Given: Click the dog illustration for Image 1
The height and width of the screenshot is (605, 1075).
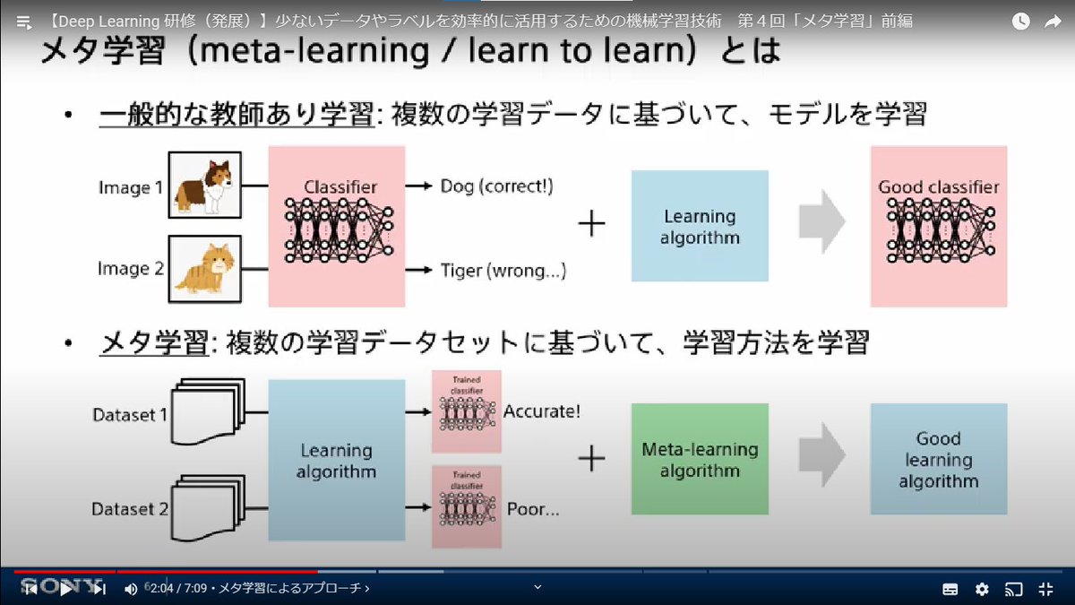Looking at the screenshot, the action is (x=205, y=186).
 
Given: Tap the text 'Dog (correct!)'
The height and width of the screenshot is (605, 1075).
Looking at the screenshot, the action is (x=496, y=186).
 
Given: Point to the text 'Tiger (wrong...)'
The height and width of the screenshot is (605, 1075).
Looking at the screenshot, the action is (x=503, y=270).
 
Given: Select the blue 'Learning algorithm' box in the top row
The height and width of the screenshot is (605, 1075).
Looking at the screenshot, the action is (x=700, y=227).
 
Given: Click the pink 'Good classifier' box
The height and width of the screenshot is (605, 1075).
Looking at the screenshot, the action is (x=939, y=227).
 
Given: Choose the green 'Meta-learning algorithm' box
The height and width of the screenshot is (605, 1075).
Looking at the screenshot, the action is (x=700, y=459).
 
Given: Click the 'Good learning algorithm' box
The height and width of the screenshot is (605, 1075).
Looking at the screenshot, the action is (x=939, y=459).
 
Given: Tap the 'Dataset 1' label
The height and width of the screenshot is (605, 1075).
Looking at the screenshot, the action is (x=130, y=415).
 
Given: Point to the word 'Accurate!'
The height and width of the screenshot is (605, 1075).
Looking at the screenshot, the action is (x=542, y=412).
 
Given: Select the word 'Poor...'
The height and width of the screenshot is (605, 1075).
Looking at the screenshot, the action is (x=533, y=509).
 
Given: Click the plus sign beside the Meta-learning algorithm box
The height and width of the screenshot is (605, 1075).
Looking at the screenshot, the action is (x=591, y=459).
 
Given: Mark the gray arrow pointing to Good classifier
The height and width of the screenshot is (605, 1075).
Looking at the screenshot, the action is (x=821, y=224).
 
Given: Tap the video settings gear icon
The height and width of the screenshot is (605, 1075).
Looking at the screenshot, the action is (x=982, y=589).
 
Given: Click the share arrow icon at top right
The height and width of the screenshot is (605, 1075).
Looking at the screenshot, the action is (x=1053, y=22).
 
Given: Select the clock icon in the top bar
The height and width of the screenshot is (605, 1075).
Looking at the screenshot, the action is (x=1020, y=22).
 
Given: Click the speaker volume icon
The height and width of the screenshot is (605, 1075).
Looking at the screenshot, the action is (x=131, y=589).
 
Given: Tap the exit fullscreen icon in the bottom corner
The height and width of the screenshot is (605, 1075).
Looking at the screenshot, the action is (x=1045, y=589).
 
